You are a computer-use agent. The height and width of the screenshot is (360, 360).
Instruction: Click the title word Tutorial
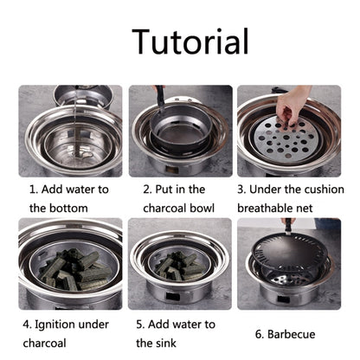(190, 41)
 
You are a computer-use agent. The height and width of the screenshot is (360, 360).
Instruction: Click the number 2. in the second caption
(147, 187)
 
